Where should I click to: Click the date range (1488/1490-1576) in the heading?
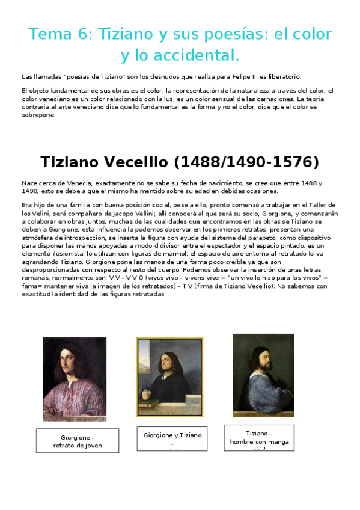pyautogui.click(x=252, y=162)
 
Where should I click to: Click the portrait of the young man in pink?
pyautogui.click(x=75, y=378)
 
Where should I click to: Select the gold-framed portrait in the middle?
pyautogui.click(x=169, y=377)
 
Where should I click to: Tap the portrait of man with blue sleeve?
pyautogui.click(x=263, y=375)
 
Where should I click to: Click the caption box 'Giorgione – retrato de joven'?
pyautogui.click(x=78, y=441)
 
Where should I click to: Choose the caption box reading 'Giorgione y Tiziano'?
pyautogui.click(x=172, y=438)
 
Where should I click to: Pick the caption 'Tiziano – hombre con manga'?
pyautogui.click(x=259, y=437)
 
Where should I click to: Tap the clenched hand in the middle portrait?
pyautogui.click(x=147, y=395)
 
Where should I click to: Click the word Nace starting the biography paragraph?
pyautogui.click(x=29, y=182)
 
